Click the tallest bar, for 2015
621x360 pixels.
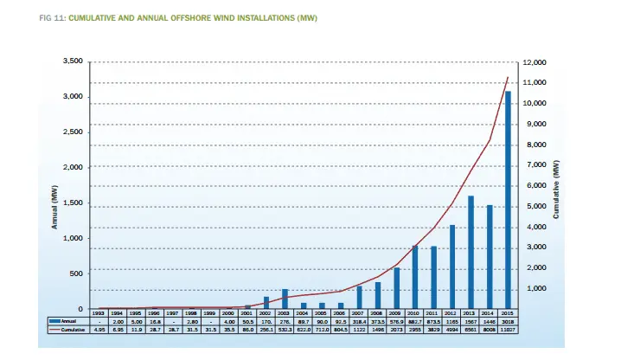tap(509, 200)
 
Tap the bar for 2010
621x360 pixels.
tap(415, 278)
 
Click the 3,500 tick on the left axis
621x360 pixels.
tap(72, 61)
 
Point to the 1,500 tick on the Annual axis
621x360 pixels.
tap(72, 202)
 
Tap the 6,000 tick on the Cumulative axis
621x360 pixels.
tap(534, 186)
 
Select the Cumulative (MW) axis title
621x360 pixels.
tap(555, 190)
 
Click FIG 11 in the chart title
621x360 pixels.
tap(53, 17)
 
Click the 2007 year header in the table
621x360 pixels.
tap(359, 312)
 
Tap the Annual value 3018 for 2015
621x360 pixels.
tap(509, 321)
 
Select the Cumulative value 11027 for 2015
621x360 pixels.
tap(509, 330)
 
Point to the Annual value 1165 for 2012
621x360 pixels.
tap(452, 321)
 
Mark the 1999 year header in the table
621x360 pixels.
tap(209, 312)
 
